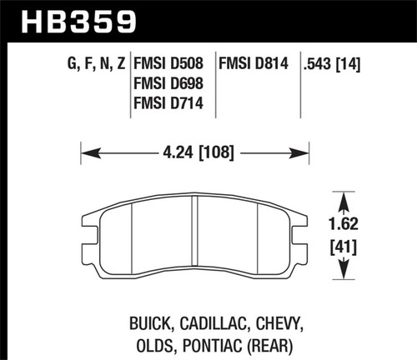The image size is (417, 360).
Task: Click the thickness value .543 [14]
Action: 337,62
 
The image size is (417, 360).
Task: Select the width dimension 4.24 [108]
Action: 194,152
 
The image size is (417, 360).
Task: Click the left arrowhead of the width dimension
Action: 87,152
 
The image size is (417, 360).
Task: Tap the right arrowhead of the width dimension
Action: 303,152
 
